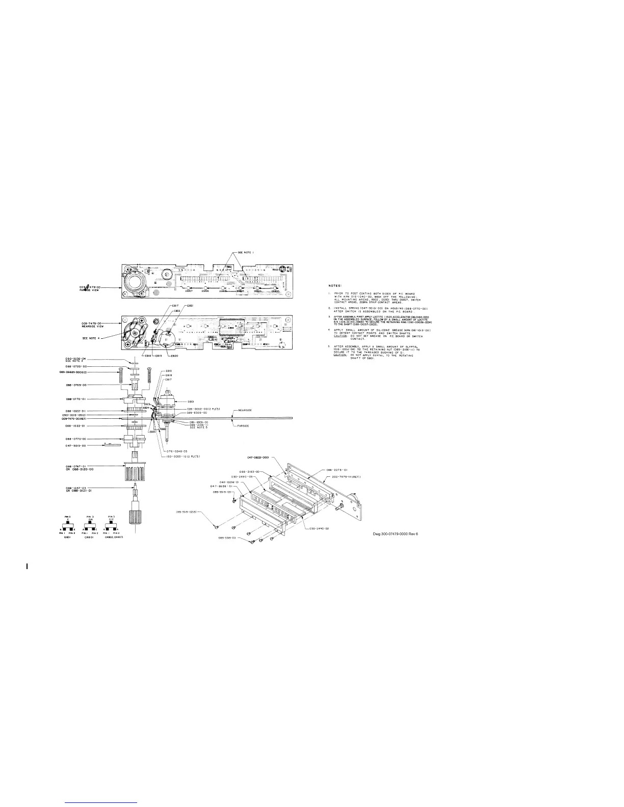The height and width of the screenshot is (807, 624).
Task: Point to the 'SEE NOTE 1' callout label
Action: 247,253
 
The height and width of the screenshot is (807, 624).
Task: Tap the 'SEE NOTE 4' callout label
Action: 92,338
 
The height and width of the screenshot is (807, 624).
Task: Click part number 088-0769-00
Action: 76,385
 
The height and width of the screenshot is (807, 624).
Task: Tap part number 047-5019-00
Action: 76,446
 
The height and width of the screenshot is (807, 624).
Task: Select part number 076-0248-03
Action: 177,451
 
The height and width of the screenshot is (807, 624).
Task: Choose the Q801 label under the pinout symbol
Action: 67,536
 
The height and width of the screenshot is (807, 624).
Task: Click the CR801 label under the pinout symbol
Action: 88,536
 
